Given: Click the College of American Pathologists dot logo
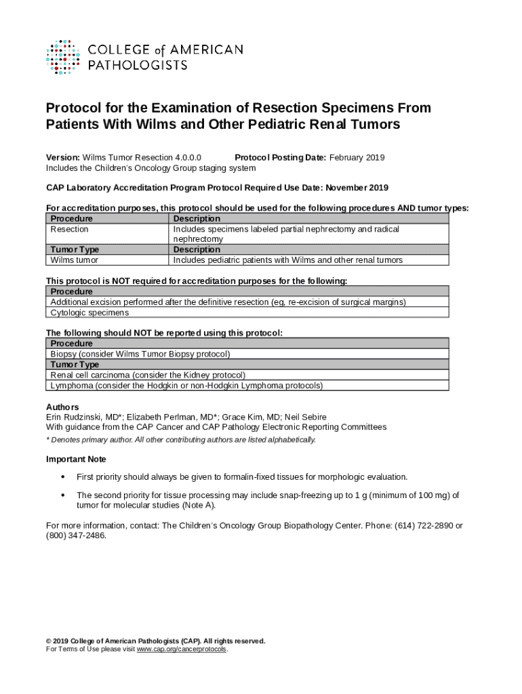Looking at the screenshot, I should coord(63,56).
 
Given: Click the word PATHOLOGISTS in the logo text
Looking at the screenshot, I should coord(138,65).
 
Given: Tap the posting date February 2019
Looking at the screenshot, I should coord(357,158).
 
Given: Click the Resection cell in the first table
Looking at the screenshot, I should coord(70,229).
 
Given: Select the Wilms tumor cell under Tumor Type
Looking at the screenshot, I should coord(75,260).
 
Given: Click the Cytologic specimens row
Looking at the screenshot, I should coord(89,312).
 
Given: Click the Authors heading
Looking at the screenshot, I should coord(62,407).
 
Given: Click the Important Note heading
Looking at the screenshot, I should coord(76,459).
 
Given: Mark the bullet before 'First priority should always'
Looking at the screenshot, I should coord(63,477).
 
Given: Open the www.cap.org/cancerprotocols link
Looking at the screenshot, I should coord(182,649).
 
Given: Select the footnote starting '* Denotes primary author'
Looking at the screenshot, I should coord(180,440).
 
